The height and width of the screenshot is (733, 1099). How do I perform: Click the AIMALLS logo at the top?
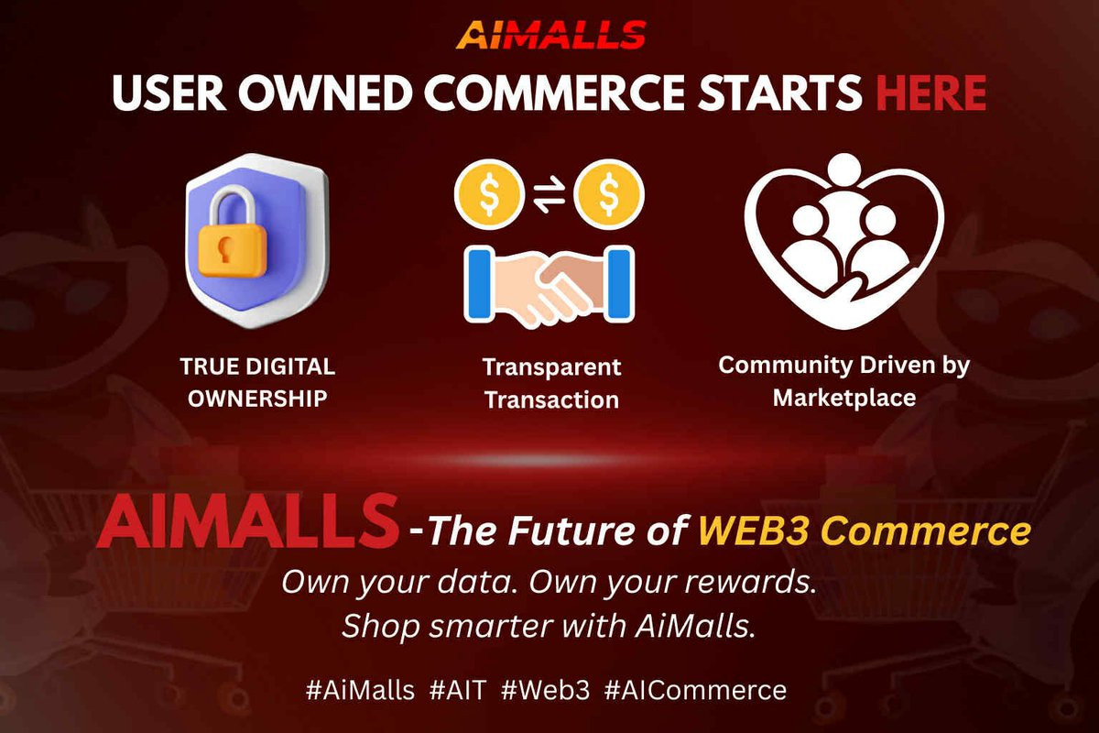pos(550,35)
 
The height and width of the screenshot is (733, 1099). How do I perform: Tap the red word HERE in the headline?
pos(931,93)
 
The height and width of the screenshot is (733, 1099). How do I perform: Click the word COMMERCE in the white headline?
pos(554,93)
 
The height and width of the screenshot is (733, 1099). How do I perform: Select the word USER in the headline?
pos(169,93)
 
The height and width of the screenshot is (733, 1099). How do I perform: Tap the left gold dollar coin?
pos(489,194)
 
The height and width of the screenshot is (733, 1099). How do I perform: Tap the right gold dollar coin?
pos(609,194)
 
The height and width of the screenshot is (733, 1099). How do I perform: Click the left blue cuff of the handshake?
pos(479,285)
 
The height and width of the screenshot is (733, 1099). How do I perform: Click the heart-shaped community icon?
pos(843,242)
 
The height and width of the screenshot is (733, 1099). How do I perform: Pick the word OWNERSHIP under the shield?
pos(257,399)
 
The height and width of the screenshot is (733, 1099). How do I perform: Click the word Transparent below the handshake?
pos(552,367)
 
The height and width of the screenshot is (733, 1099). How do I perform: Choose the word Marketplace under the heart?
pos(844,399)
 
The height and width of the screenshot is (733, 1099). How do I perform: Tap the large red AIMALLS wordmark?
pos(247,522)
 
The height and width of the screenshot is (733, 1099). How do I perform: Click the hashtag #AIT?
pos(458,689)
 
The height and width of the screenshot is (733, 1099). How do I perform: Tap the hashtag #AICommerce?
pos(696,689)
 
